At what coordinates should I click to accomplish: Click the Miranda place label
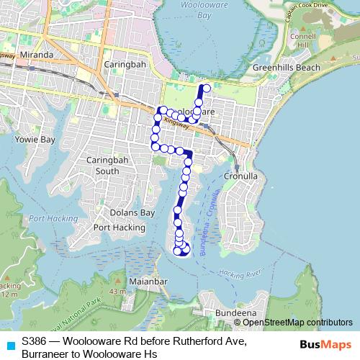click(37, 55)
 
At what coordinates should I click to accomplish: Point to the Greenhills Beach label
click(287, 68)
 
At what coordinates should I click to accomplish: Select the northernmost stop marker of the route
click(207, 89)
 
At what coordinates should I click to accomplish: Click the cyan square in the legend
click(9, 345)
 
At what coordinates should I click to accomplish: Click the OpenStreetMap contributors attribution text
click(297, 322)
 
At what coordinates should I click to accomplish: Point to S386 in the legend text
click(37, 339)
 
